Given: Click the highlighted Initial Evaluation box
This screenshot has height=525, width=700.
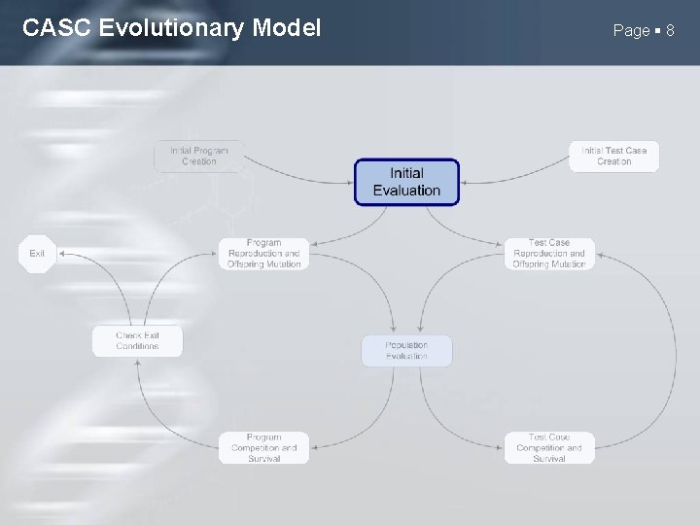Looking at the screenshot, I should pyautogui.click(x=406, y=182).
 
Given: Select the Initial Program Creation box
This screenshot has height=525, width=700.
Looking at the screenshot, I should pyautogui.click(x=199, y=156).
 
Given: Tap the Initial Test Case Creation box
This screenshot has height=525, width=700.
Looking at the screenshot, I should pyautogui.click(x=613, y=156).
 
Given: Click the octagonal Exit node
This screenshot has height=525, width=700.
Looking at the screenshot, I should pyautogui.click(x=37, y=254).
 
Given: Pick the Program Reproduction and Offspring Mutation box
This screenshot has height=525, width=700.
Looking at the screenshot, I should pyautogui.click(x=263, y=254).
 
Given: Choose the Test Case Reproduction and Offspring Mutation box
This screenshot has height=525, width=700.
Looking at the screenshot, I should pyautogui.click(x=549, y=254).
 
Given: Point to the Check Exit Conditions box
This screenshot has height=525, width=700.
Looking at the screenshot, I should pyautogui.click(x=137, y=341).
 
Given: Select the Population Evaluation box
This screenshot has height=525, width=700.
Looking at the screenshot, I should pyautogui.click(x=406, y=351).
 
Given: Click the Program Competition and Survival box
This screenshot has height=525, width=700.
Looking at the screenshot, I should pyautogui.click(x=263, y=447).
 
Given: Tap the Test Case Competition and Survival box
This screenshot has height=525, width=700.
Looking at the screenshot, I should pyautogui.click(x=549, y=447).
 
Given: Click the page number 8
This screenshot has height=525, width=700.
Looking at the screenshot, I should pyautogui.click(x=670, y=31).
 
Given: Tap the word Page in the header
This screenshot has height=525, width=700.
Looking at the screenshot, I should pyautogui.click(x=631, y=31).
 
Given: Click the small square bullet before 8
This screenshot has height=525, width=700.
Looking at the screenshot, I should pyautogui.click(x=658, y=31).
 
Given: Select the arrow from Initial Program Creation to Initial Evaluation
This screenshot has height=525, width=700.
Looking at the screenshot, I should pyautogui.click(x=292, y=175).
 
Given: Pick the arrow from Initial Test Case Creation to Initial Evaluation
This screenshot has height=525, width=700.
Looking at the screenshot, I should pyautogui.click(x=515, y=175).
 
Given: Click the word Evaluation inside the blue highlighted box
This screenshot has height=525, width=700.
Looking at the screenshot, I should pyautogui.click(x=406, y=191).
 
